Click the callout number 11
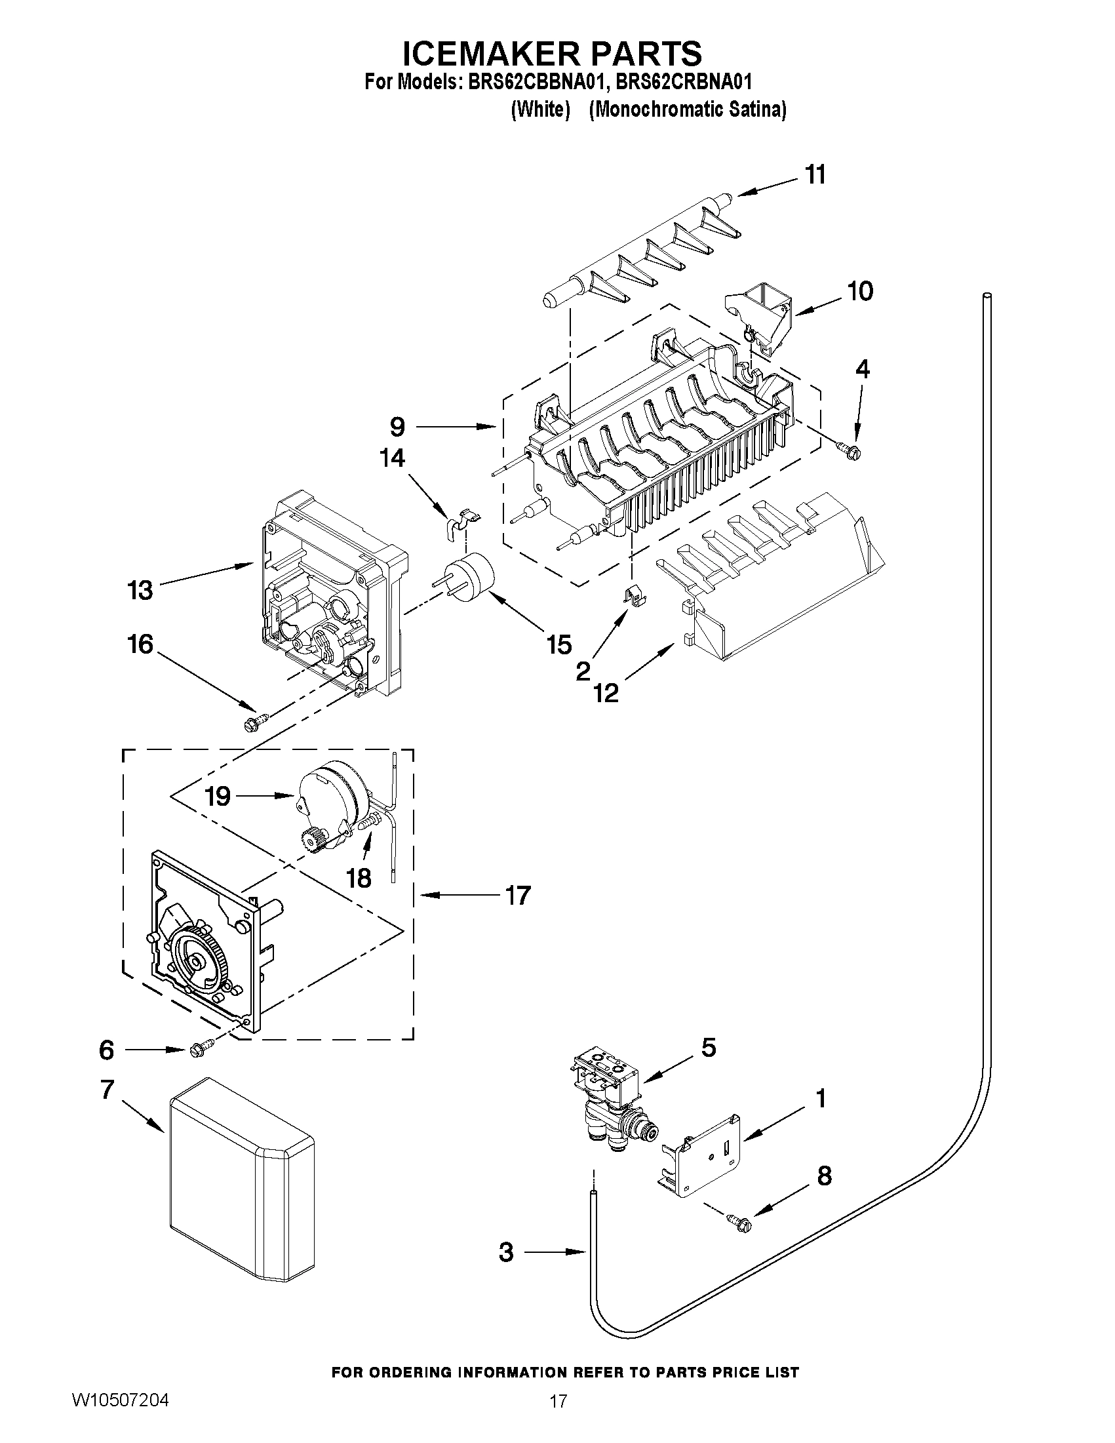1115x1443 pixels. click(815, 175)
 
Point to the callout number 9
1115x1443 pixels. click(397, 427)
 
